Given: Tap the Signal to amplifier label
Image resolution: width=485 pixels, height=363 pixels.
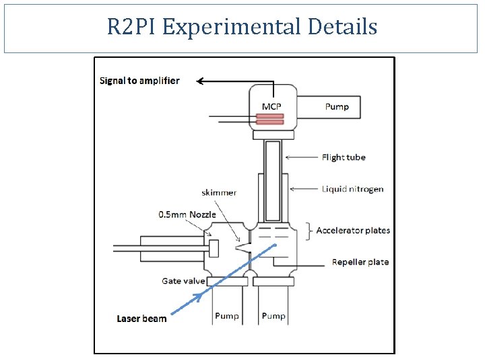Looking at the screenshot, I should click(139, 81).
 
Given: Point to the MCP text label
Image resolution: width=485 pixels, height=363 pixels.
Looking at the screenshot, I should click(271, 106).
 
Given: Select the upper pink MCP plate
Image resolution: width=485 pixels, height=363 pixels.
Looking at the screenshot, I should click(269, 116).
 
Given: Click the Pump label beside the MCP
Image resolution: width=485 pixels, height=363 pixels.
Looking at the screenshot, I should click(337, 106).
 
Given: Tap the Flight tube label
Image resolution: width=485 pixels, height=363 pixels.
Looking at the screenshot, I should click(344, 157).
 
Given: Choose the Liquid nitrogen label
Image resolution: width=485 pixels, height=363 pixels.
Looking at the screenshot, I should click(352, 189).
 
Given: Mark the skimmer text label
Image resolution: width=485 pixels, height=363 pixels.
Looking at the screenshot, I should click(219, 193).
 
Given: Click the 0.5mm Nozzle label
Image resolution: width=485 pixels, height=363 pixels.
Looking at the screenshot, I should click(187, 214).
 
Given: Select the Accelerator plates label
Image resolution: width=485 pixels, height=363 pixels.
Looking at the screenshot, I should click(353, 230).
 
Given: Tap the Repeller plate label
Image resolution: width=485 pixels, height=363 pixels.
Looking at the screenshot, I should click(360, 262).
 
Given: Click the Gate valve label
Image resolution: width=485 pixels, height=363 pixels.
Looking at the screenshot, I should click(183, 280).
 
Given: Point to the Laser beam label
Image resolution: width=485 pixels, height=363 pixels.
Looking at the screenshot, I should click(141, 319).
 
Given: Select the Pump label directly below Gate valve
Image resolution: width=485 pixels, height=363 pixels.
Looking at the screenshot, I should click(226, 315).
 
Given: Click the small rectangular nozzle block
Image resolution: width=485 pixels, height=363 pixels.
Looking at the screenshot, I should click(214, 248).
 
